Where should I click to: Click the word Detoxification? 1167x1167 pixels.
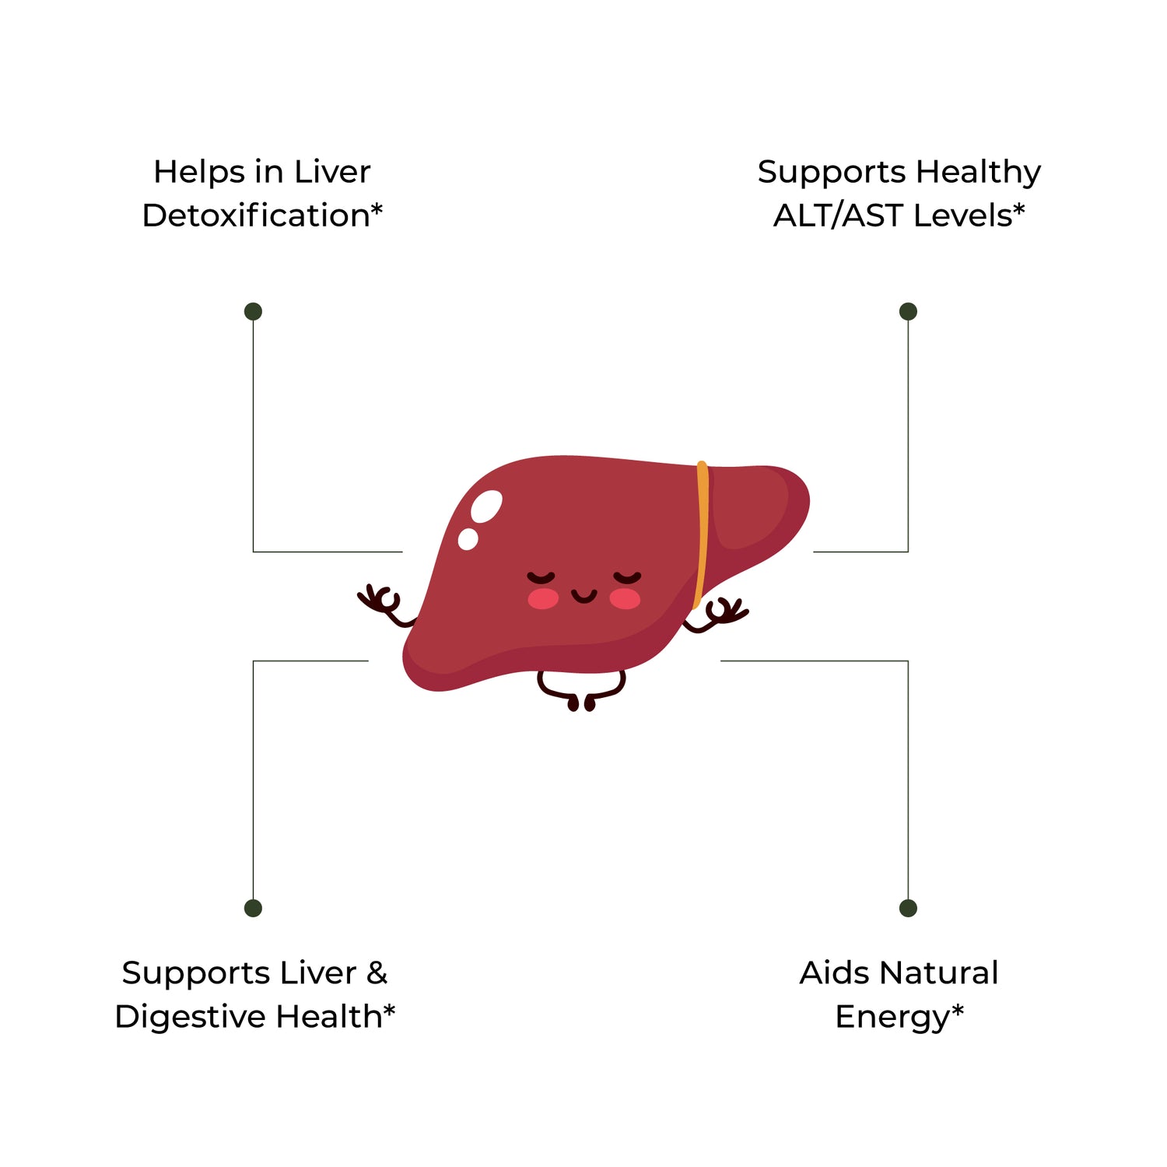point(255,216)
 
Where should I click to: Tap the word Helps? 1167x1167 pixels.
point(198,173)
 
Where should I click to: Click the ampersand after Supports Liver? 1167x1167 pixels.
point(377,973)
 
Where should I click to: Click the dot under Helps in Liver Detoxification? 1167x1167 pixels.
point(253,311)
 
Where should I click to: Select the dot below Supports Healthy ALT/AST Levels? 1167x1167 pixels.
point(908,311)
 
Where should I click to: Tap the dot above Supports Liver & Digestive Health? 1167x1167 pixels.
point(253,908)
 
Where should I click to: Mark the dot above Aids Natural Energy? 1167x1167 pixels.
point(908,908)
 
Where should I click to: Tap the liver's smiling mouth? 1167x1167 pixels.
point(583,597)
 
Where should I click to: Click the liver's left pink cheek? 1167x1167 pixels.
point(543,598)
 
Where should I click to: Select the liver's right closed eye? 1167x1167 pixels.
point(627,577)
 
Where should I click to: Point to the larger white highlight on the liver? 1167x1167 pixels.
point(487,506)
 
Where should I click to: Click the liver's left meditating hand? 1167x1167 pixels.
point(383,604)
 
